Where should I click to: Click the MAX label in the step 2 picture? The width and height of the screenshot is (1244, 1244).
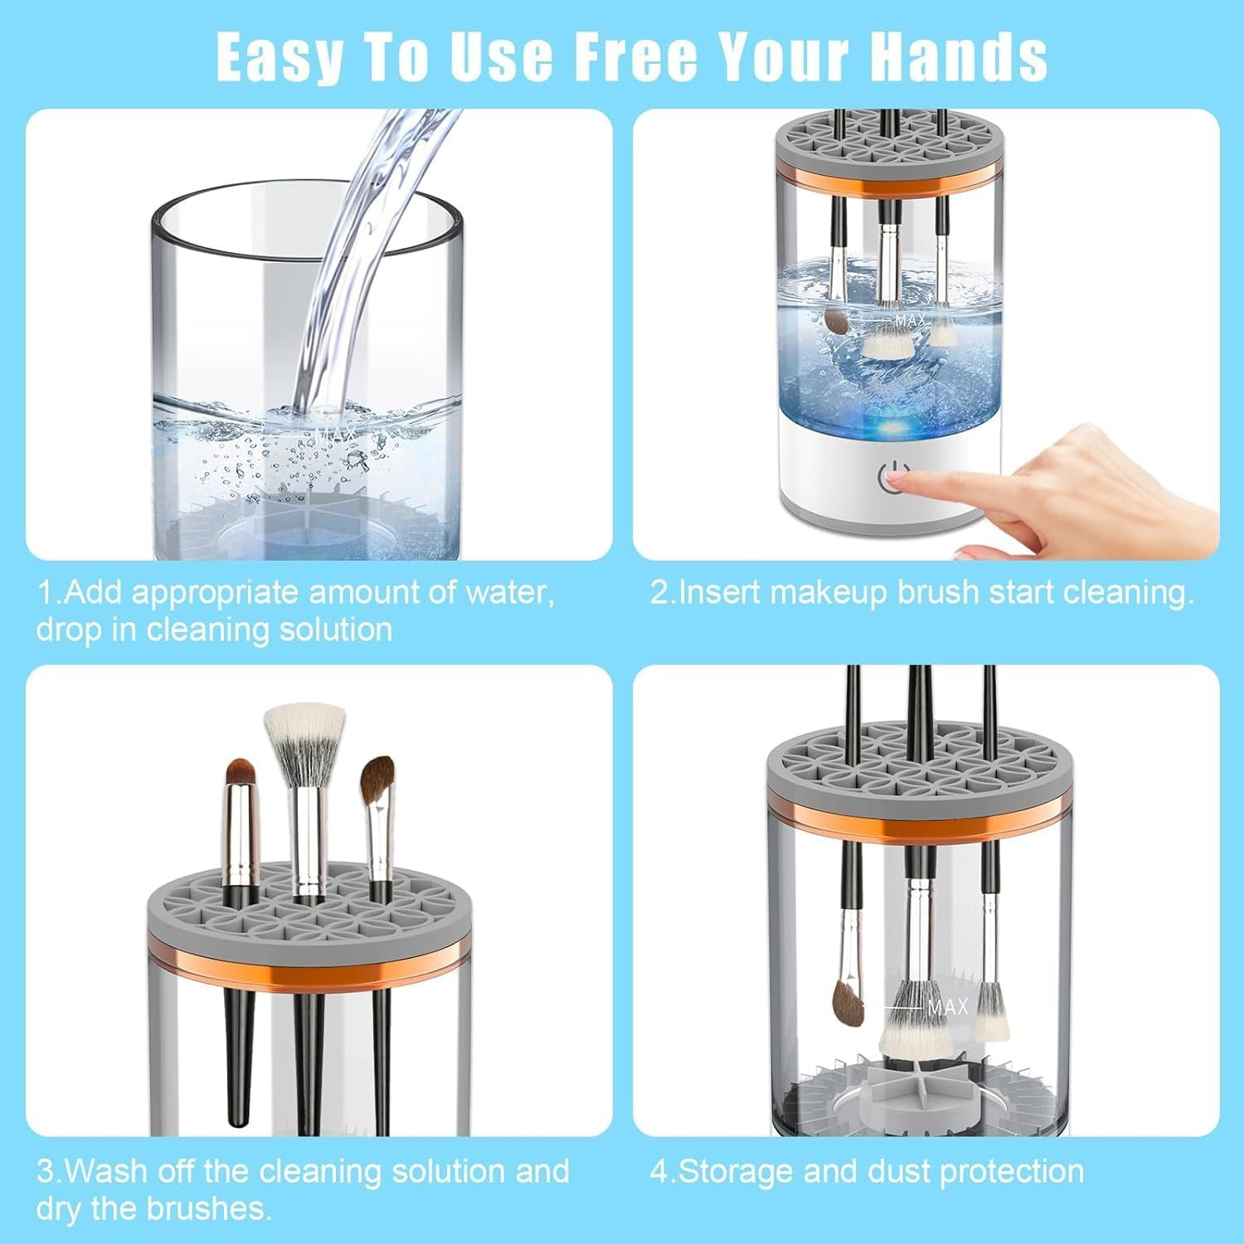tap(910, 319)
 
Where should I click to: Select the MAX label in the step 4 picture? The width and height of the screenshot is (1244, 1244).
tap(947, 1007)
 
